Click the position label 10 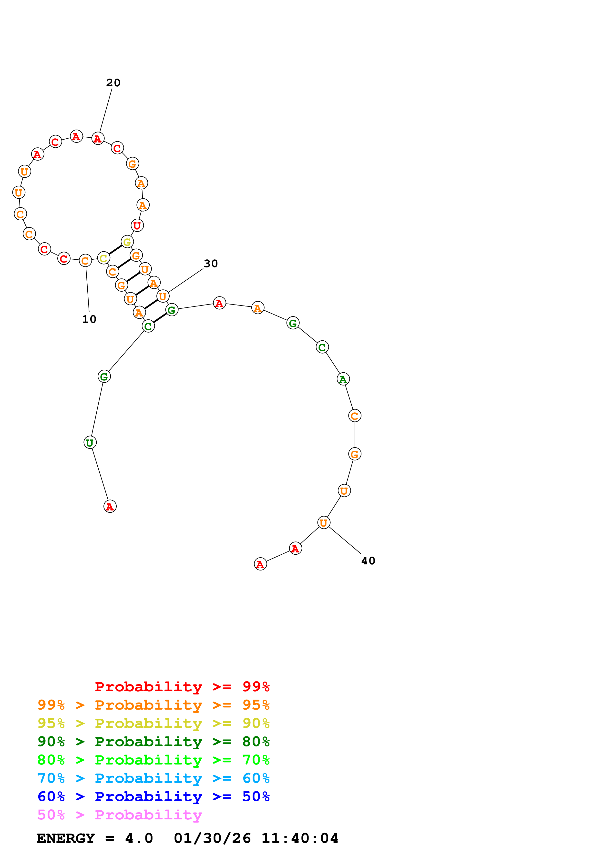[89, 319]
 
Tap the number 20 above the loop [113, 83]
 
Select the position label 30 [211, 264]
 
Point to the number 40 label [368, 561]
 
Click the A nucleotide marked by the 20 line [98, 138]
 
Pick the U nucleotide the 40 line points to [324, 523]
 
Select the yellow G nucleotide [127, 242]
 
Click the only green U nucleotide [90, 443]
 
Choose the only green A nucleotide [343, 379]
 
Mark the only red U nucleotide [137, 225]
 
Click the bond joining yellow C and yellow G [115, 250]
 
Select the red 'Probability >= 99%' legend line [182, 686]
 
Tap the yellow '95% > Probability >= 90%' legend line [153, 723]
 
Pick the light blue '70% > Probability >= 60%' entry [153, 778]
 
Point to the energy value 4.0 [139, 838]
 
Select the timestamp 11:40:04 [300, 838]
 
